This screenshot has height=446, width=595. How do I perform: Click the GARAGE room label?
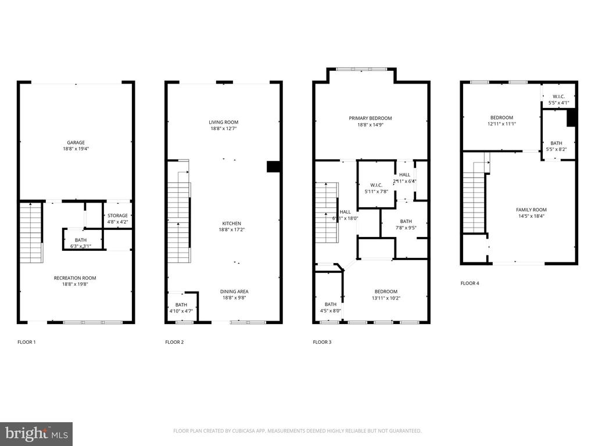(x=76, y=142)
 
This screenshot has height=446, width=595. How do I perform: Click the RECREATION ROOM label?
(x=75, y=278)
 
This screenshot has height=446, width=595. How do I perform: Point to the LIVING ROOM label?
(x=224, y=122)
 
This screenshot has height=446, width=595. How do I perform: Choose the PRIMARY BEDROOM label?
(x=370, y=118)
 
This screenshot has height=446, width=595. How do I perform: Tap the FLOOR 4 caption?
(x=470, y=283)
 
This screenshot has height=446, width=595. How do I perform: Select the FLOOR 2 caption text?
(x=174, y=342)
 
